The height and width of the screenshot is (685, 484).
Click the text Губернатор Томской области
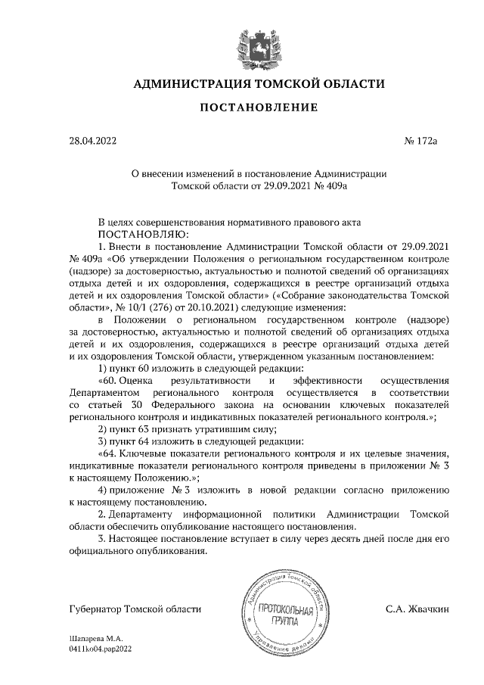pos(135,609)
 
